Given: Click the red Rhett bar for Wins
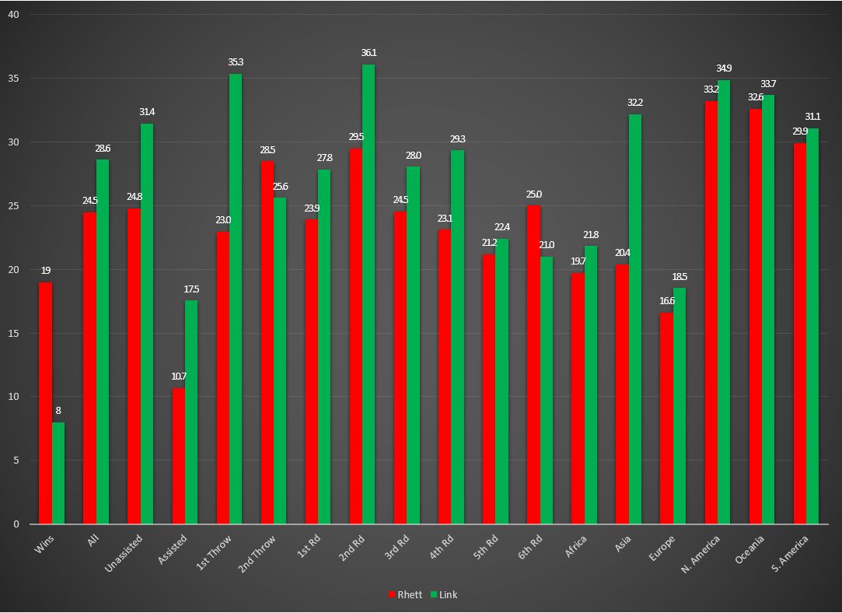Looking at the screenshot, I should [x=45, y=403].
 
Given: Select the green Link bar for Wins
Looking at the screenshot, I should [x=58, y=473].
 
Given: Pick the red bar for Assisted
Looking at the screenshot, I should [x=179, y=456].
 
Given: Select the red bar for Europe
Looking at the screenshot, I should [x=666, y=418].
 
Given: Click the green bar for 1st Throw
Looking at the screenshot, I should [x=236, y=299].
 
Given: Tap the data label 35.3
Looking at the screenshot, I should [x=236, y=62].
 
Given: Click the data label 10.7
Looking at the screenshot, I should [x=179, y=377].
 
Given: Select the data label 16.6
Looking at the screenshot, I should [x=666, y=301].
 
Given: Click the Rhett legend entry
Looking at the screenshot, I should [x=406, y=594].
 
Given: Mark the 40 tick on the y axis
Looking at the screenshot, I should [x=13, y=15].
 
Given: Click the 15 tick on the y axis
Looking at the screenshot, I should [x=13, y=334].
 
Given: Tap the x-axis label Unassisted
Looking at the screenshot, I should [x=125, y=553].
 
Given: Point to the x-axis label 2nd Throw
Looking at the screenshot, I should [x=257, y=554].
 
